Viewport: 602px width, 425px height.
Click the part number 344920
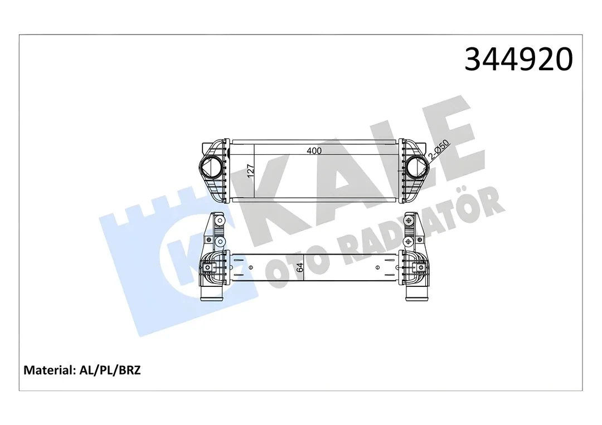click(518, 60)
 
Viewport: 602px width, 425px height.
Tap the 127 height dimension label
click(251, 170)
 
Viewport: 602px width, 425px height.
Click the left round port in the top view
click(211, 167)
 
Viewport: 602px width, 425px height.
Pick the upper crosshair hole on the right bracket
click(410, 221)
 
